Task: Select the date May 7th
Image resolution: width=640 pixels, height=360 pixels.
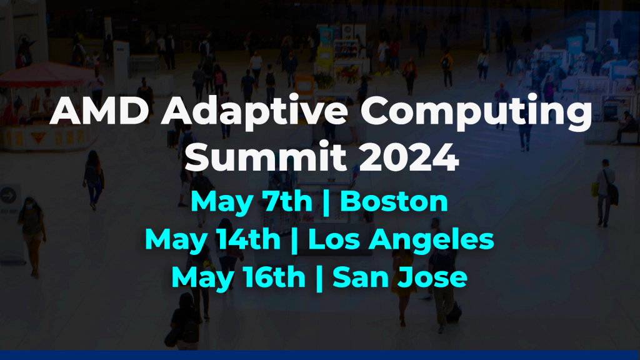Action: click(251, 202)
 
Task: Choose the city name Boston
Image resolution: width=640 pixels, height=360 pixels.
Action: click(394, 201)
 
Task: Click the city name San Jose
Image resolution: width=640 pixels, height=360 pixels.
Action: click(400, 277)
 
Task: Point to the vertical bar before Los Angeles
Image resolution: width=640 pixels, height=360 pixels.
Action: click(294, 241)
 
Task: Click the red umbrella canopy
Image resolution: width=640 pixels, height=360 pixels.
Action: click(44, 74)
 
